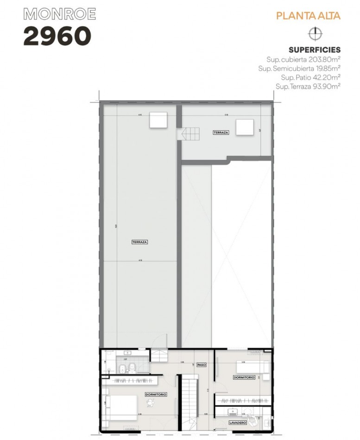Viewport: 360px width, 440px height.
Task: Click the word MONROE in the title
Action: pyautogui.click(x=54, y=15)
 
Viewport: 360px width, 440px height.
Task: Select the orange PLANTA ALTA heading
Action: pyautogui.click(x=308, y=16)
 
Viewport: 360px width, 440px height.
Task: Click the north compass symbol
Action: pyautogui.click(x=315, y=33)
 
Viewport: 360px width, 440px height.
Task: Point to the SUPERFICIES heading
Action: pyautogui.click(x=314, y=50)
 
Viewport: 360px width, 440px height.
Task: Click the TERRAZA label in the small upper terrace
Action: pyautogui.click(x=221, y=132)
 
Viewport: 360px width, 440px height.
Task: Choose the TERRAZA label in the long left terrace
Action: pyautogui.click(x=139, y=241)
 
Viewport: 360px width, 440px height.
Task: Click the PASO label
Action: pyautogui.click(x=201, y=365)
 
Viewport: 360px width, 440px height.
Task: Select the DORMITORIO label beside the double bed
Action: pyautogui.click(x=156, y=394)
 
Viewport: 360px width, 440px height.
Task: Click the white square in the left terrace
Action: pyautogui.click(x=158, y=120)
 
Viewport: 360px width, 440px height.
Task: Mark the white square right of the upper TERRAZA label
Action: pyautogui.click(x=245, y=127)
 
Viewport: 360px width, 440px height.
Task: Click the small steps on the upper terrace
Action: pyautogui.click(x=189, y=134)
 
